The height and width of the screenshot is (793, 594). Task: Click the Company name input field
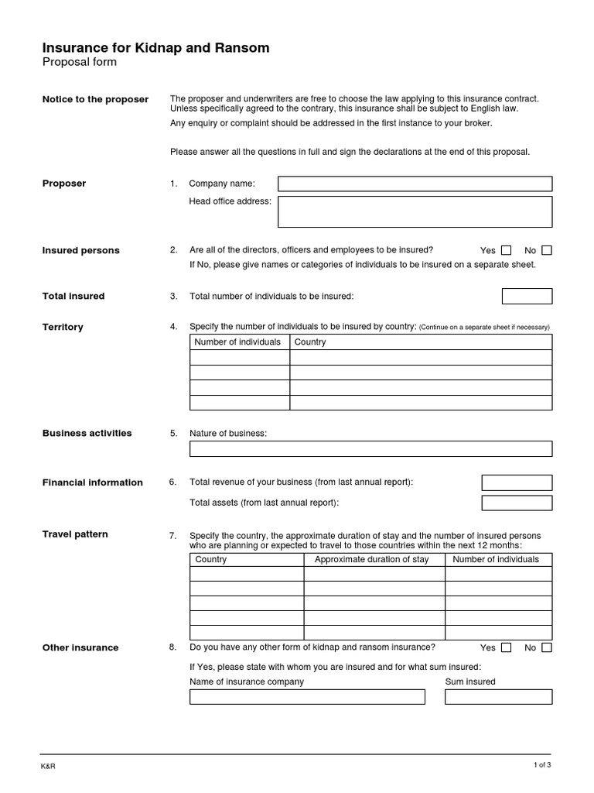point(415,184)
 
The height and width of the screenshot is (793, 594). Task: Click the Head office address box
point(415,211)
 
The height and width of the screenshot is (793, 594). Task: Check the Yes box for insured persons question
point(506,250)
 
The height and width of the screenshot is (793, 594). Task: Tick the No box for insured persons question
point(547,250)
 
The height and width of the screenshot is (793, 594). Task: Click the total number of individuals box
point(527,296)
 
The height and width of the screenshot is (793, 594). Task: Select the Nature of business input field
point(370,448)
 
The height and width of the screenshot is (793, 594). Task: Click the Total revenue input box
point(517,482)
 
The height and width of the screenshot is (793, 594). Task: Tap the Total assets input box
point(517,503)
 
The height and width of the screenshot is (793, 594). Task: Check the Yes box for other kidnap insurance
point(506,647)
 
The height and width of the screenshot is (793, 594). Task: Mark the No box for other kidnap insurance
point(547,647)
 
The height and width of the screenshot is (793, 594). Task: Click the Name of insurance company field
point(307,697)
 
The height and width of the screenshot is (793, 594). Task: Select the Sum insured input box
point(498,697)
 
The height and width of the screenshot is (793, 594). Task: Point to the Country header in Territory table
point(310,342)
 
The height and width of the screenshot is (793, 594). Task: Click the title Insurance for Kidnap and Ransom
point(155,48)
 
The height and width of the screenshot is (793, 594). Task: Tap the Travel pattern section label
point(75,534)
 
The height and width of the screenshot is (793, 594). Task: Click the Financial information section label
point(92,482)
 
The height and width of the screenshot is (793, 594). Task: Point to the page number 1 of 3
point(542,765)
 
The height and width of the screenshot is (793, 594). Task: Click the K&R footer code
point(48,767)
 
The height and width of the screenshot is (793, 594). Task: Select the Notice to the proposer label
point(95,100)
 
